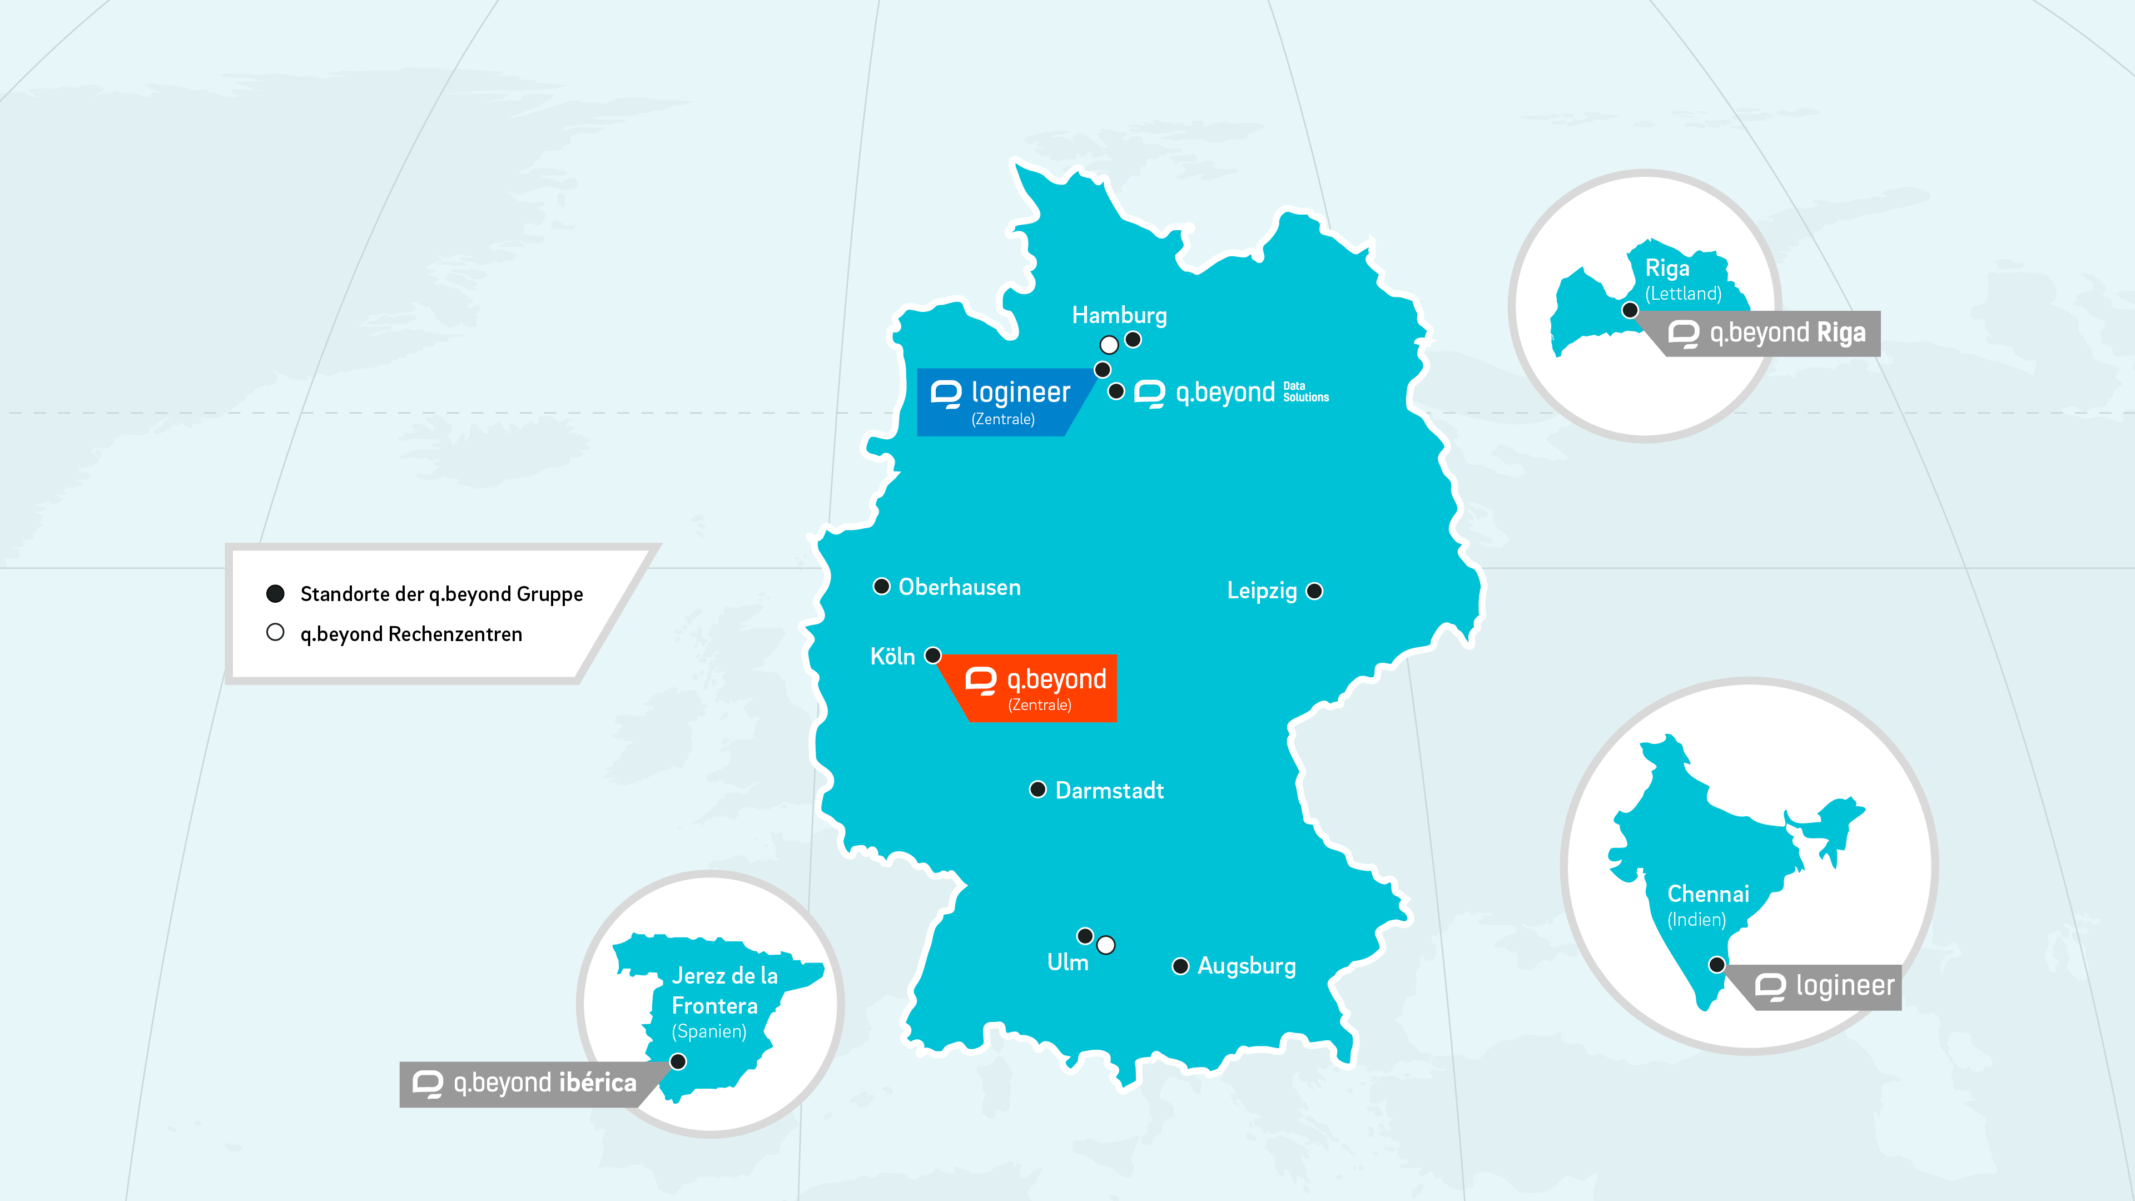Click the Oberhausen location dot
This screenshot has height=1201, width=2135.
click(882, 587)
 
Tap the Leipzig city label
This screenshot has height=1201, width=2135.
click(1262, 591)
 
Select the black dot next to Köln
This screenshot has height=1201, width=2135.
click(932, 656)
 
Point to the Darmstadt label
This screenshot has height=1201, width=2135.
click(1109, 791)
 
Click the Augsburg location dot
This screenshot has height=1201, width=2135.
click(1180, 966)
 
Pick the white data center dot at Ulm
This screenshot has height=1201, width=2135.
click(1106, 945)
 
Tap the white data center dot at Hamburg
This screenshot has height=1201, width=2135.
click(1109, 344)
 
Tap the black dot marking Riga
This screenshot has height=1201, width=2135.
click(1630, 310)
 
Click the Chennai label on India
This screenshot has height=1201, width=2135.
click(1708, 894)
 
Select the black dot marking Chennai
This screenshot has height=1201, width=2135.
click(1716, 964)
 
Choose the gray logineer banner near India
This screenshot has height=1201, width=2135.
click(1828, 987)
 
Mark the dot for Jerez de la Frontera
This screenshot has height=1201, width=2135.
click(678, 1061)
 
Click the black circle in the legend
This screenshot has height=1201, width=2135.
click(275, 593)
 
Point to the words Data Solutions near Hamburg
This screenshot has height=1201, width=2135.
click(1305, 392)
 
